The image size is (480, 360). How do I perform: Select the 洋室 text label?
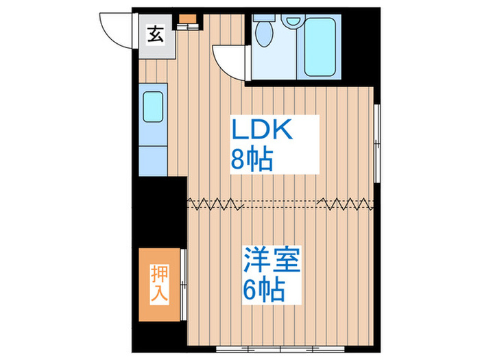(x=272, y=262)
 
